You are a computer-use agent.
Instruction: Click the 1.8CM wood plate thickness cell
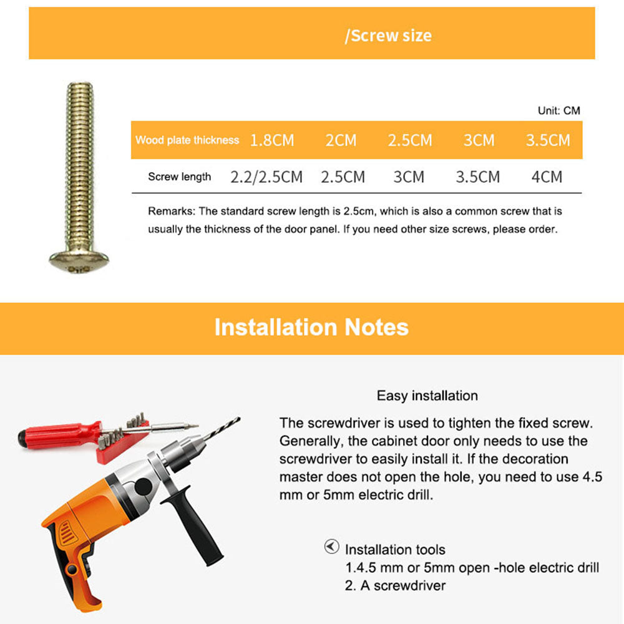click(x=271, y=140)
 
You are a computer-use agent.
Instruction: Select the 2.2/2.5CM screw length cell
click(x=266, y=177)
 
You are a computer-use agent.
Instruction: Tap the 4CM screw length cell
click(x=547, y=177)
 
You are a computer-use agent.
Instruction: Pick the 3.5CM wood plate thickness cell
click(x=548, y=140)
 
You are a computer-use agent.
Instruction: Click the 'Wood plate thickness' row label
click(x=187, y=140)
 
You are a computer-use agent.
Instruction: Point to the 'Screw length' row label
click(x=180, y=177)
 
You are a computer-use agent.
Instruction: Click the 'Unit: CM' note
click(x=558, y=110)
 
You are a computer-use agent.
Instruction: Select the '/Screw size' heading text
click(x=388, y=36)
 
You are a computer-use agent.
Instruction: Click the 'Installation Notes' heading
click(x=311, y=327)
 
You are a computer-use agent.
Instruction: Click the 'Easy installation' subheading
click(x=427, y=396)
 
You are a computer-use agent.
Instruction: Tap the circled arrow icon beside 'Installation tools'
click(x=331, y=547)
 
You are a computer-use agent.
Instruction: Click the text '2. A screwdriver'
click(x=396, y=585)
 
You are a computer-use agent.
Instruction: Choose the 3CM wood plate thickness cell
click(x=479, y=140)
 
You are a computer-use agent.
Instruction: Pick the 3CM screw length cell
click(x=409, y=177)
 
